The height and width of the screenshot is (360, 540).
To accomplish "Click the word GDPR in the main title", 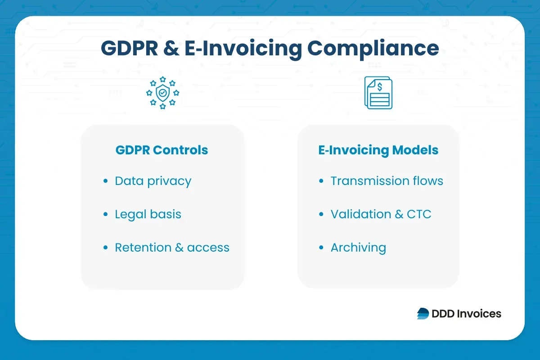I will pyautogui.click(x=129, y=48).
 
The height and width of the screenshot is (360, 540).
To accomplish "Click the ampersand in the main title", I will pyautogui.click(x=171, y=48).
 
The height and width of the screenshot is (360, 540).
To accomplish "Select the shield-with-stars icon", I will pyautogui.click(x=162, y=93).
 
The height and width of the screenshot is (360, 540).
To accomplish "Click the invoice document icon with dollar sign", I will pyautogui.click(x=378, y=93).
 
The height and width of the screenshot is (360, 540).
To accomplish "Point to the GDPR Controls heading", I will pyautogui.click(x=162, y=150).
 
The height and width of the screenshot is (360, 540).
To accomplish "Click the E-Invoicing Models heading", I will pyautogui.click(x=378, y=150).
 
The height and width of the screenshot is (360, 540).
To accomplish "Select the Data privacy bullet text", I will pyautogui.click(x=153, y=181).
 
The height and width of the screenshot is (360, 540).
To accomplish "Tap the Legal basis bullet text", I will pyautogui.click(x=148, y=214).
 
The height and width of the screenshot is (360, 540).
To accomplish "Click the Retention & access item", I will pyautogui.click(x=172, y=247).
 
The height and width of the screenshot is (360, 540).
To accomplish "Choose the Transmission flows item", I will pyautogui.click(x=387, y=181).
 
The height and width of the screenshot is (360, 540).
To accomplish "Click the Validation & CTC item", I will pyautogui.click(x=381, y=214).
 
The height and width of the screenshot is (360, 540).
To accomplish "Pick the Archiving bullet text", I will pyautogui.click(x=358, y=247).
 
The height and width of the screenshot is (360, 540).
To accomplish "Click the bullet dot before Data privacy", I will pyautogui.click(x=106, y=181).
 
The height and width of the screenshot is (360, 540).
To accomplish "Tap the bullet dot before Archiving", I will pyautogui.click(x=321, y=248).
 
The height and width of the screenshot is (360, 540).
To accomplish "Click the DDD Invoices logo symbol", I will pyautogui.click(x=423, y=314).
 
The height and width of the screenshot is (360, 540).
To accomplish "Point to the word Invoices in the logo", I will pyautogui.click(x=479, y=314).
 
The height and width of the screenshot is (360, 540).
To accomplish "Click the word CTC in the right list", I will pyautogui.click(x=419, y=214).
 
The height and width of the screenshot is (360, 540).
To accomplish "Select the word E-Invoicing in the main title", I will pyautogui.click(x=243, y=48).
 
